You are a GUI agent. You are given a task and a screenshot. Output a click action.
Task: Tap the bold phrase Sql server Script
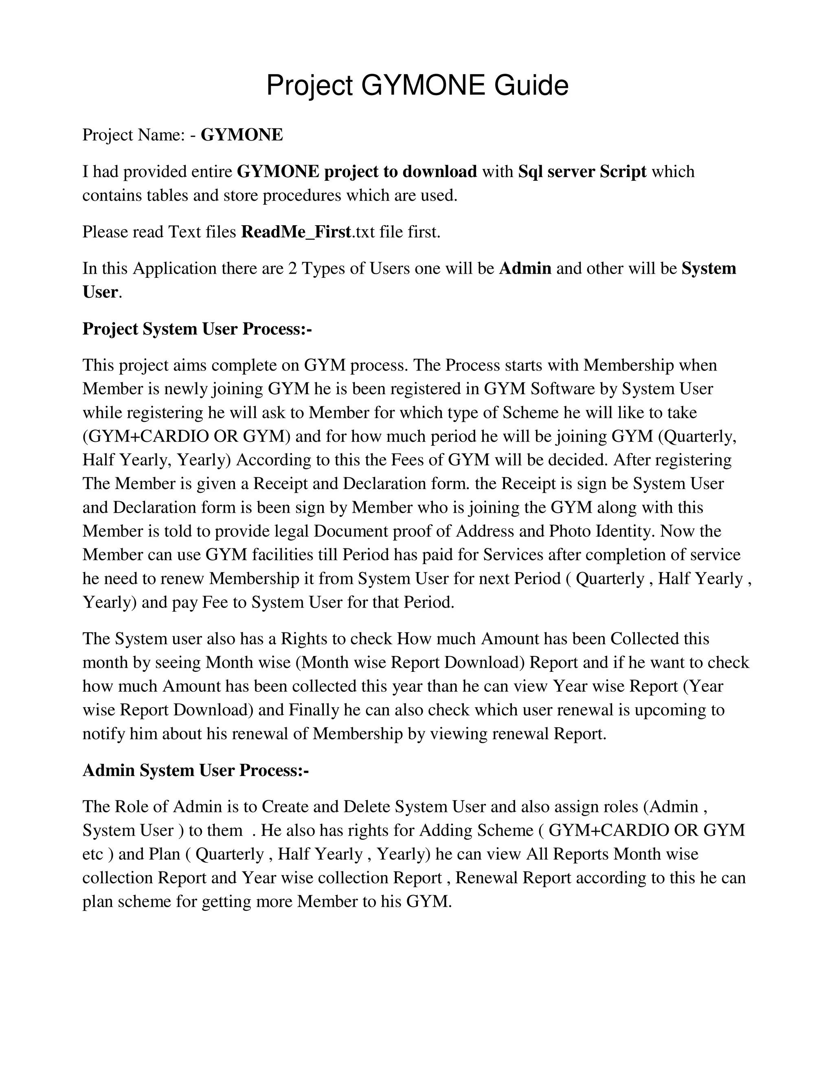[582, 171]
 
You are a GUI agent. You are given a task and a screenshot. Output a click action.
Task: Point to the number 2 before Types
[292, 268]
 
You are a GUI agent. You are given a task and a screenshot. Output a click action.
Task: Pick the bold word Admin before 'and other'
[525, 268]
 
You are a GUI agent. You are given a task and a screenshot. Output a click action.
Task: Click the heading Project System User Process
[197, 329]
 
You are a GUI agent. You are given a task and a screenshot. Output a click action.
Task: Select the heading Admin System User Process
[195, 770]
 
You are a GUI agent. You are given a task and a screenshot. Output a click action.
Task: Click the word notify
[104, 734]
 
